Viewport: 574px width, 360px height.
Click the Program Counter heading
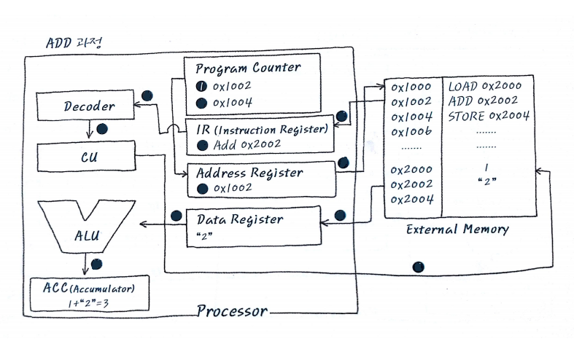tap(247, 68)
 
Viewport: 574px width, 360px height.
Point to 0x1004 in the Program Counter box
tap(233, 103)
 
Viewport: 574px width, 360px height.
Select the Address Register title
tap(250, 173)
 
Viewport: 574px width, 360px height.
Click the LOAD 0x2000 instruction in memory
tap(486, 86)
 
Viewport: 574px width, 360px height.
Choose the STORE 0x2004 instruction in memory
tap(489, 116)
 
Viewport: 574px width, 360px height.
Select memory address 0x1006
tap(412, 132)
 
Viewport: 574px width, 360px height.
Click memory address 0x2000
tap(412, 169)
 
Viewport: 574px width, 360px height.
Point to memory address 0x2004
tap(412, 199)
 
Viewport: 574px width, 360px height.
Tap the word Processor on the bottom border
tap(232, 313)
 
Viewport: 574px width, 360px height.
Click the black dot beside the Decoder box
tap(147, 96)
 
